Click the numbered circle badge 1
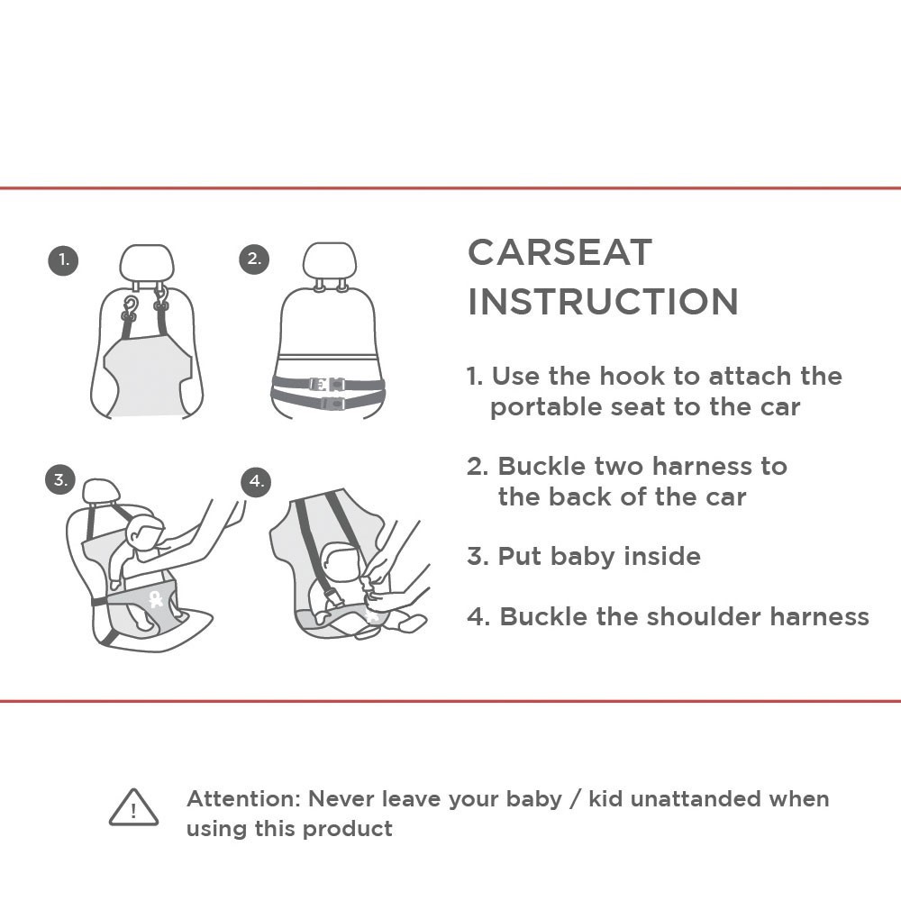63,259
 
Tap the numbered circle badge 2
254,259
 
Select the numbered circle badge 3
60,479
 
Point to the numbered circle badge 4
256,481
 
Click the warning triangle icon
134,807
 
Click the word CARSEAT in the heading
560,252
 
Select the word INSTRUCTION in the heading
604,302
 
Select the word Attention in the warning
241,798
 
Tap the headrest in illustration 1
147,264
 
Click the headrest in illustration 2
330,261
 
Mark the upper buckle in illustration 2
326,385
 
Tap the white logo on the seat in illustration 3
155,599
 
